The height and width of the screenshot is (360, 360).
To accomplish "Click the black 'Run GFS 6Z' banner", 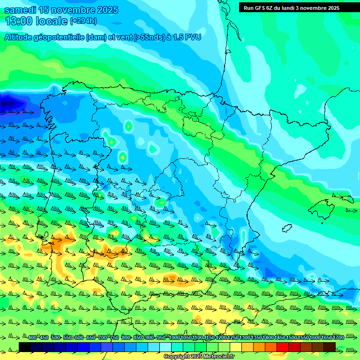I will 292,8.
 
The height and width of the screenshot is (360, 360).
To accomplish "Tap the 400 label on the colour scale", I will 32,337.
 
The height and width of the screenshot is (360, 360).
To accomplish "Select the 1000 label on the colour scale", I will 174,337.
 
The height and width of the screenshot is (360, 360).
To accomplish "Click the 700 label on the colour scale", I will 103,337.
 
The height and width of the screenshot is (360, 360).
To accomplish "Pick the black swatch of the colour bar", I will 25,347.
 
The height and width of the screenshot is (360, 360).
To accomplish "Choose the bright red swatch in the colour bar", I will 283,347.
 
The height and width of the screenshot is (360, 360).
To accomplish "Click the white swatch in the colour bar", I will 165,347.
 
